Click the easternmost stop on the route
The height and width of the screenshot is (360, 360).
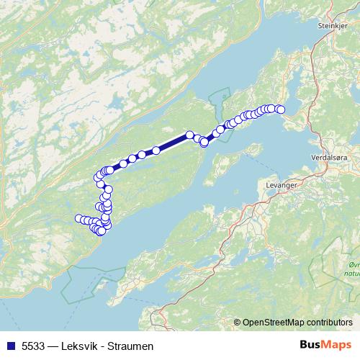[281, 109]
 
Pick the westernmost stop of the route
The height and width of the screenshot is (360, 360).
[78, 218]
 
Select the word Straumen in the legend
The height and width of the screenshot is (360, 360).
[130, 346]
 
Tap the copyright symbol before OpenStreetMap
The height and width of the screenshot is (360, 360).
[238, 322]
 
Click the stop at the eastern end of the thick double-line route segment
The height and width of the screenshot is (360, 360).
[190, 135]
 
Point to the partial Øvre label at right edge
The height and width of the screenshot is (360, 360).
[352, 266]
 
